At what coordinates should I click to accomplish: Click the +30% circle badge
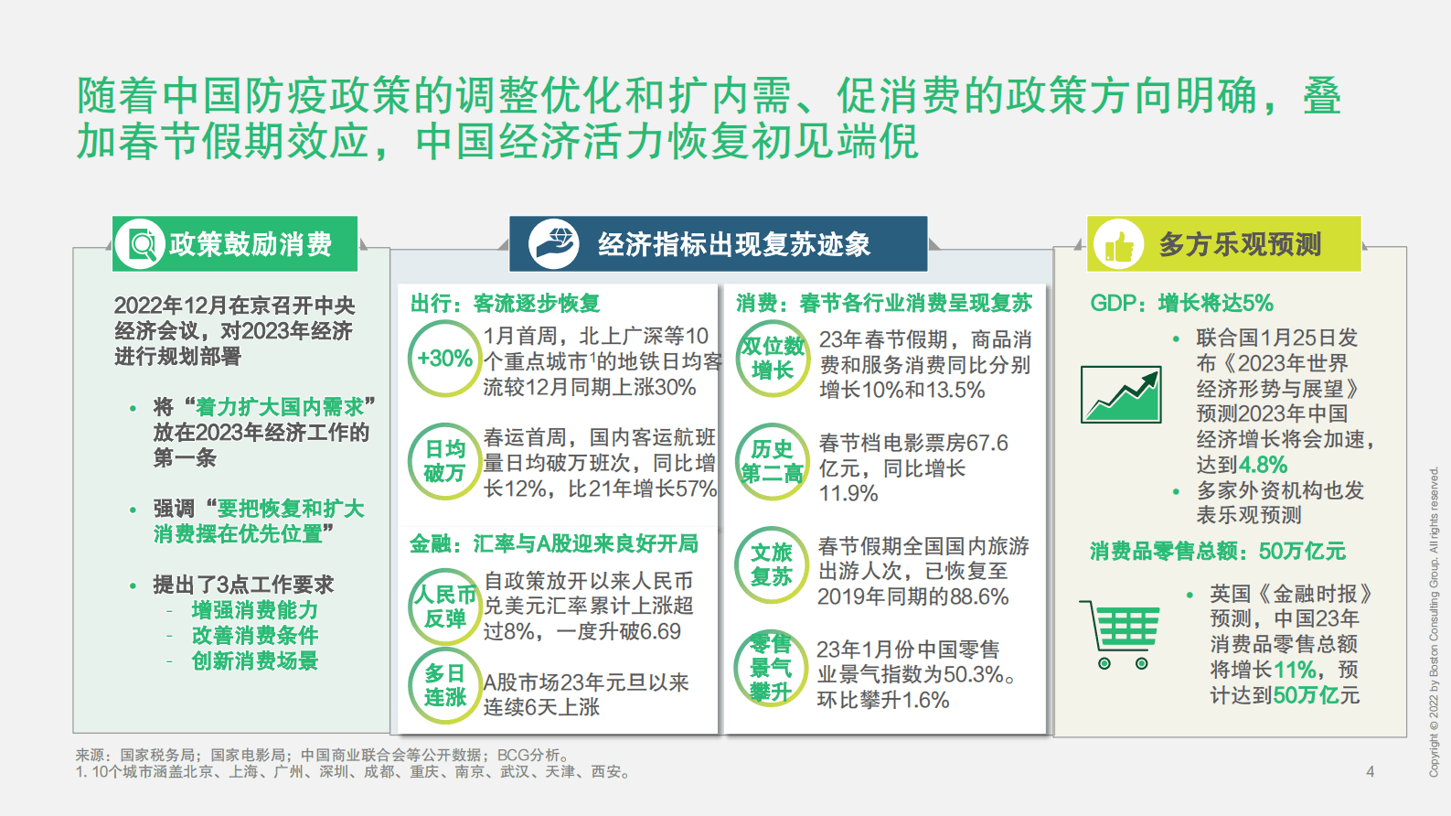tap(444, 359)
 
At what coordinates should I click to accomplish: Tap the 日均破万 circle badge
tap(444, 461)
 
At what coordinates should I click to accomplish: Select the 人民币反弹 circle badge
tap(444, 606)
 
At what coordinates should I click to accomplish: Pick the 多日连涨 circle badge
tap(444, 685)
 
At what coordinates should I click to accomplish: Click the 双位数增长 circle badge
tap(773, 358)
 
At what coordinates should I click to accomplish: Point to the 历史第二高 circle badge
tap(773, 461)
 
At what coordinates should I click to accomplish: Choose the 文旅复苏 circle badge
tap(772, 564)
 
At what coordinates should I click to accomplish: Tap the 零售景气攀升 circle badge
tap(770, 668)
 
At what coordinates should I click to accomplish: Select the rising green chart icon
tap(1121, 394)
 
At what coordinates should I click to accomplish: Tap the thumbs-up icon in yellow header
tap(1118, 244)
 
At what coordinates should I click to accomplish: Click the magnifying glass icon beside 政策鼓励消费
tap(141, 244)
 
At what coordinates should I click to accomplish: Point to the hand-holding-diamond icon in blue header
tap(554, 244)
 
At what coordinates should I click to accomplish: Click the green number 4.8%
tap(1263, 465)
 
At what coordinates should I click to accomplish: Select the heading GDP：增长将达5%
tap(1181, 304)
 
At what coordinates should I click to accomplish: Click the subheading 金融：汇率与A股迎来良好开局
tap(553, 544)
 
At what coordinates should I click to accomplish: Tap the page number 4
tap(1370, 771)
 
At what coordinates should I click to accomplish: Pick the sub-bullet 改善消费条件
tap(255, 635)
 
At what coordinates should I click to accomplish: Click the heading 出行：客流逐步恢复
tap(505, 304)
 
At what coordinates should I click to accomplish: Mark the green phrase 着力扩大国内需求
tap(280, 407)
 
